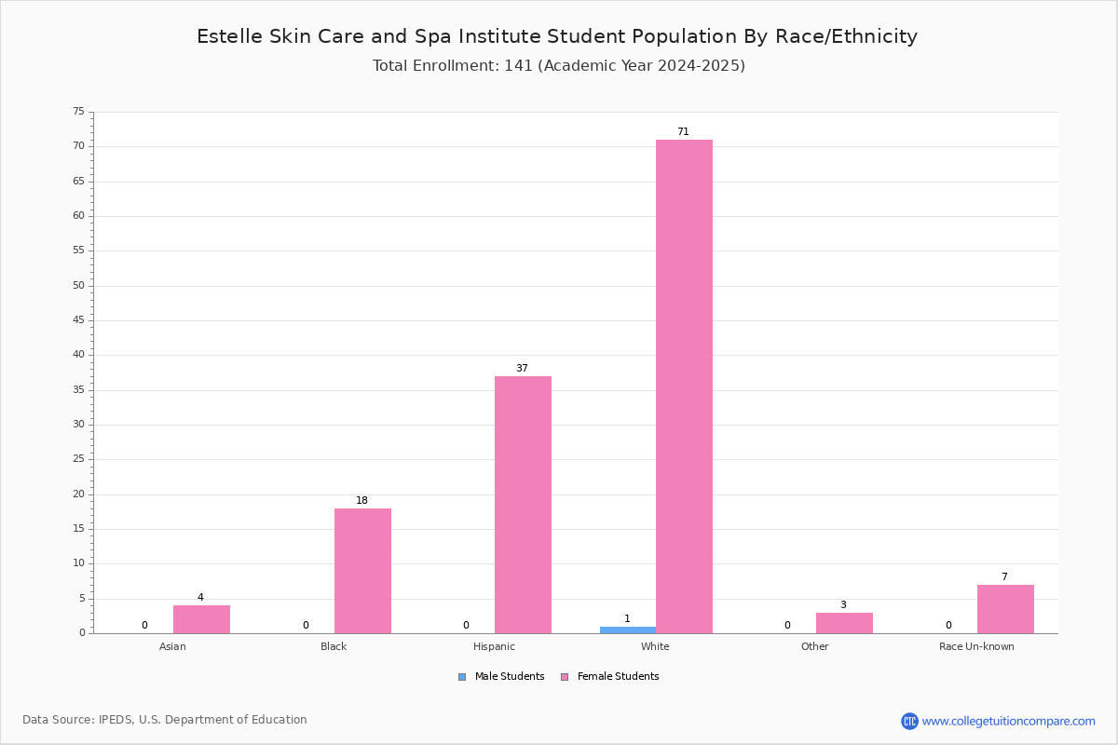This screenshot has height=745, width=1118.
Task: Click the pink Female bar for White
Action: (684, 386)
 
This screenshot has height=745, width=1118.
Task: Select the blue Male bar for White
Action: (628, 630)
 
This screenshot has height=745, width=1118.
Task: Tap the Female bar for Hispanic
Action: (523, 505)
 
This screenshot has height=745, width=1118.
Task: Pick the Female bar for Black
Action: (362, 571)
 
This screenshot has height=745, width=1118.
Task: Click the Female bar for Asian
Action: (201, 619)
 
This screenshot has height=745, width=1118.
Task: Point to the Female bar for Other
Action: (844, 623)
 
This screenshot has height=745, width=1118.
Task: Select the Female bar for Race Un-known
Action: (1005, 609)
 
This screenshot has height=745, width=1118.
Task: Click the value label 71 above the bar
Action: (683, 131)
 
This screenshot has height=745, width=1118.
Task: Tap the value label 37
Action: (522, 368)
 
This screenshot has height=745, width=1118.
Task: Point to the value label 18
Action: (361, 500)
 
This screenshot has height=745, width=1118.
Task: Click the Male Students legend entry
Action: (501, 677)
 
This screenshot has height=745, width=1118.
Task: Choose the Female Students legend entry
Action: (610, 677)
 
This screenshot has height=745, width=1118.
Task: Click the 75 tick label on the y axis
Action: (79, 111)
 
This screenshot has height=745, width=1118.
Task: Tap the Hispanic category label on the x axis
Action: (494, 646)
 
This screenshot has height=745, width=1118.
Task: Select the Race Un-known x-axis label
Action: (976, 646)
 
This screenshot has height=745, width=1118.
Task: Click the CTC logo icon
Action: (909, 721)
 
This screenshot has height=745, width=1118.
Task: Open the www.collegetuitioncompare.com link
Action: (1009, 722)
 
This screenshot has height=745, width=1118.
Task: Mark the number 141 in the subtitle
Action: (519, 66)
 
